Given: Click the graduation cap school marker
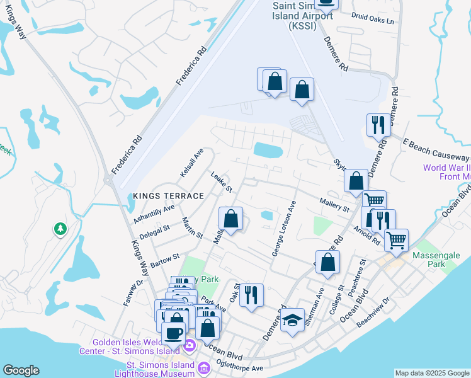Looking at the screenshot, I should point(292,321).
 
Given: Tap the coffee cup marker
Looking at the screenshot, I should point(174,333).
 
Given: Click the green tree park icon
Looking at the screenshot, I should point(60,228).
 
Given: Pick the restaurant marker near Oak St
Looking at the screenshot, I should point(251,295).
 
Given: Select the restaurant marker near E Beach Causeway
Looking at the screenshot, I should point(378,125).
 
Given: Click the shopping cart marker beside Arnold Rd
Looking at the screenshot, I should point(396,240).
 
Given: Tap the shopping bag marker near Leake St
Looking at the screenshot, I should point(231,220).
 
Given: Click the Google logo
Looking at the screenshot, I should point(21,371).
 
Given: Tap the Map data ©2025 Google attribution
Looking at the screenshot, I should point(432,373).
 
